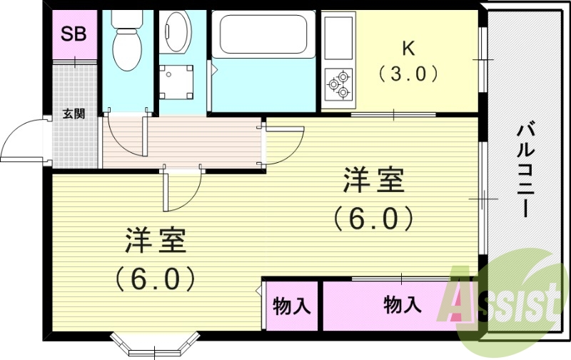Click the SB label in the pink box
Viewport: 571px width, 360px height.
coord(73,34)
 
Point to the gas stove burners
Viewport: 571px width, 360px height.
coord(338,84)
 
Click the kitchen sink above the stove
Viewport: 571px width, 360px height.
coord(338,40)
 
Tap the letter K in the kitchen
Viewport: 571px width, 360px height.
coord(408,49)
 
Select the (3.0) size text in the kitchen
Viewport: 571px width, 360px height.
coord(408,74)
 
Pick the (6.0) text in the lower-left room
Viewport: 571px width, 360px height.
coord(156,278)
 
